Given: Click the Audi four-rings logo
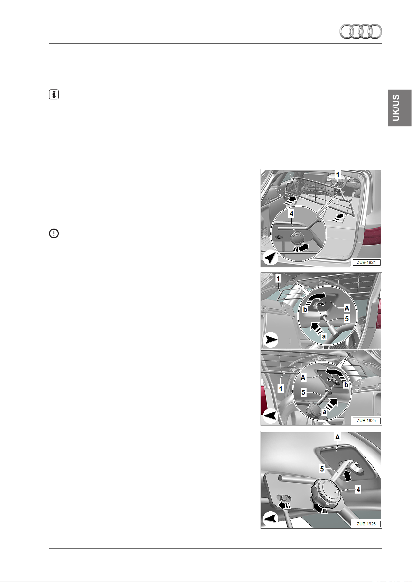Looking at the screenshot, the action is tap(361, 31).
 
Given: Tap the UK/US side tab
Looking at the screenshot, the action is tap(400, 108).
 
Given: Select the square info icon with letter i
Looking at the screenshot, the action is tap(54, 94).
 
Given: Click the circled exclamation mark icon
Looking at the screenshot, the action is tap(54, 233).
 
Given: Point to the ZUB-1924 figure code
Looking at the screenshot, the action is tap(366, 263).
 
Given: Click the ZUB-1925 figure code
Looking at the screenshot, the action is tap(366, 421).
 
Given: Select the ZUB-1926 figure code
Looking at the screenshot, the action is tap(366, 524).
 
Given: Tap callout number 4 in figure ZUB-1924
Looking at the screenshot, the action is tap(291, 213).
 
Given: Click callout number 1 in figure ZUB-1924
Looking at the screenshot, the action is tap(338, 175).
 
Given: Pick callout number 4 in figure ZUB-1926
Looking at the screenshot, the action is tap(358, 489).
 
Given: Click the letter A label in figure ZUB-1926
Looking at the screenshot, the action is tap(337, 437).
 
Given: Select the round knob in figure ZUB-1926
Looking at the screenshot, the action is tap(326, 493).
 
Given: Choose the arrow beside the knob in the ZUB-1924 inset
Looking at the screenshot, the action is tap(301, 248).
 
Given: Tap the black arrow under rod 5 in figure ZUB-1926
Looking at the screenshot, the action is tap(347, 476).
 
